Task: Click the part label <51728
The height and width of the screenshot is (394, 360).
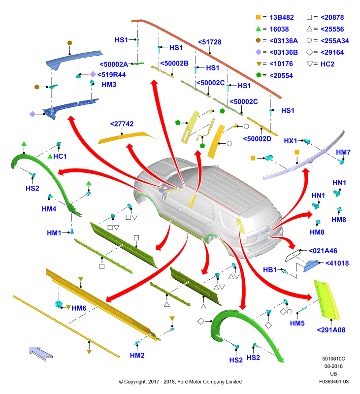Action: click(x=209, y=42)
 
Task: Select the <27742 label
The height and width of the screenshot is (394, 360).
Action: click(x=122, y=124)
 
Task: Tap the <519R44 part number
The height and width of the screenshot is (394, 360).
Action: click(x=111, y=75)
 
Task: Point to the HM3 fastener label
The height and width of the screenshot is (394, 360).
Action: click(x=109, y=84)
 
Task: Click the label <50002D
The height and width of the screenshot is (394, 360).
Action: click(x=257, y=139)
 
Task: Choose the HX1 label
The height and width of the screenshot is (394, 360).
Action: click(x=291, y=141)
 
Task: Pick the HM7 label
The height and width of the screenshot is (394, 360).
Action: click(x=343, y=152)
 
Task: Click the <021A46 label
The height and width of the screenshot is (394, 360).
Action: click(x=323, y=251)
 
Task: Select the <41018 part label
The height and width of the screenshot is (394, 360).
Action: click(x=337, y=263)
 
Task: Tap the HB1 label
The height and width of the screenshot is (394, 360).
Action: click(x=269, y=270)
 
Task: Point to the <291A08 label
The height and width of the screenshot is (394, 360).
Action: click(x=331, y=330)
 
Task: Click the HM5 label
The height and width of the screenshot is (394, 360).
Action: click(x=297, y=323)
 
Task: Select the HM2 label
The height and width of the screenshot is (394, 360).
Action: click(x=137, y=355)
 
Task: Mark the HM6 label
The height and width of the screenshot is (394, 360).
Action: click(x=79, y=308)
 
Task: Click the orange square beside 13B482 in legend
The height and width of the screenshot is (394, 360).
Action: click(x=258, y=17)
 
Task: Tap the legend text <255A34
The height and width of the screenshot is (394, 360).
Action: click(x=334, y=41)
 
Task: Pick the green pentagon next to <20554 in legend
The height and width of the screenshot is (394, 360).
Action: click(x=259, y=75)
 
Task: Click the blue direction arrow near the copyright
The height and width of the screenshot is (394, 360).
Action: click(x=41, y=354)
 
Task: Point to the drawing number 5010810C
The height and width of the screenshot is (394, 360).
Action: click(x=333, y=359)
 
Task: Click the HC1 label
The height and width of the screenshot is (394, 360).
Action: click(x=60, y=156)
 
